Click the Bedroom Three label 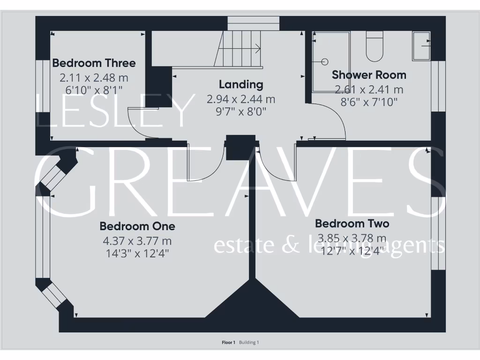click(94, 63)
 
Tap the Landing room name click(241, 85)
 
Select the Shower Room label click(369, 75)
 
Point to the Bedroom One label click(137, 226)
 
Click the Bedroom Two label click(352, 224)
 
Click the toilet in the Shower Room click(375, 47)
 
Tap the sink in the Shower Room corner click(421, 46)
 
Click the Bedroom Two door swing click(274, 164)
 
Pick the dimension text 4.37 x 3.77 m click(137, 241)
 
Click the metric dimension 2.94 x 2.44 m click(241, 99)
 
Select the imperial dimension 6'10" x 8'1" click(94, 89)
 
